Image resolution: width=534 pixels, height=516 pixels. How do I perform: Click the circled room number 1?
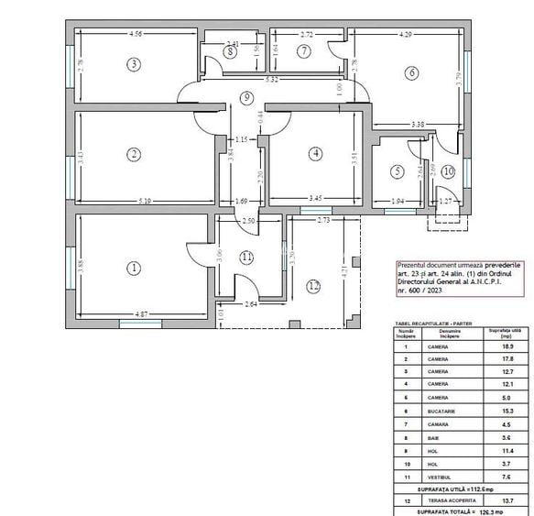(x=134, y=269)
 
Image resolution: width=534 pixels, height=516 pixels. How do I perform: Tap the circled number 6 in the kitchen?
(x=413, y=72)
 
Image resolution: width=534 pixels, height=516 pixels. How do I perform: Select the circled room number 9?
(x=245, y=98)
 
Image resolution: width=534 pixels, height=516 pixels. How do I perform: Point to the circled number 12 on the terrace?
(x=314, y=286)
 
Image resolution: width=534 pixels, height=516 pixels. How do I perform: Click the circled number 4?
(x=315, y=154)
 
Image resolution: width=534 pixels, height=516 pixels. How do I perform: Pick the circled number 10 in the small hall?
(x=448, y=171)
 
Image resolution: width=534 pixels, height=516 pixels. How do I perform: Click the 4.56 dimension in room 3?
(x=136, y=34)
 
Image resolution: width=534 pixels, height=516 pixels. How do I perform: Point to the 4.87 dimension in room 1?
(x=142, y=313)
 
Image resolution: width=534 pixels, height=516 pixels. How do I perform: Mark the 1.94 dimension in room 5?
(x=396, y=199)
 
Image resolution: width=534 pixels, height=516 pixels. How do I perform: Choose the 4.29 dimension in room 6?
(x=404, y=34)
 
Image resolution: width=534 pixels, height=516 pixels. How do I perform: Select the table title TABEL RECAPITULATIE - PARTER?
(x=427, y=323)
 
